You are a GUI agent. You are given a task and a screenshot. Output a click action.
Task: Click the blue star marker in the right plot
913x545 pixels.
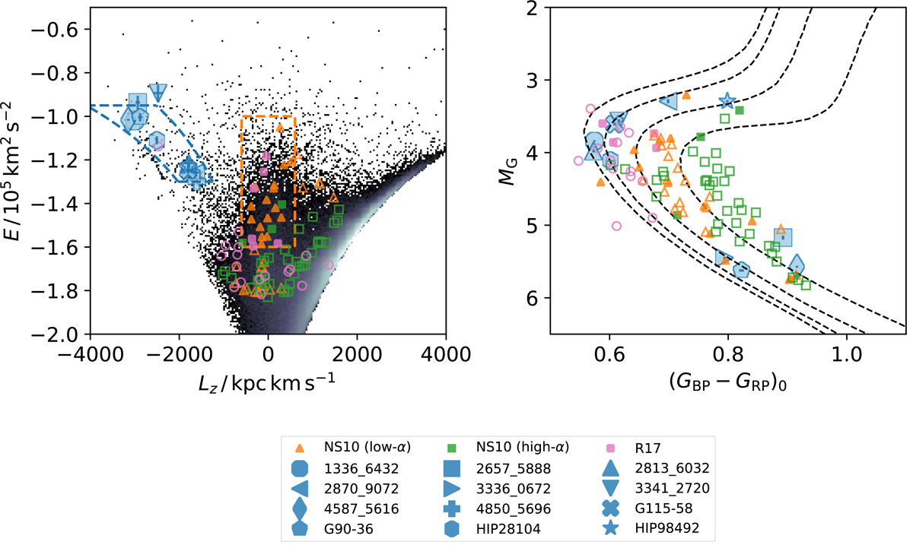pos(727,100)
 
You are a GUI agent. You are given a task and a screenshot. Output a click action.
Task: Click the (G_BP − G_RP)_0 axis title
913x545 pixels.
pos(727,382)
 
